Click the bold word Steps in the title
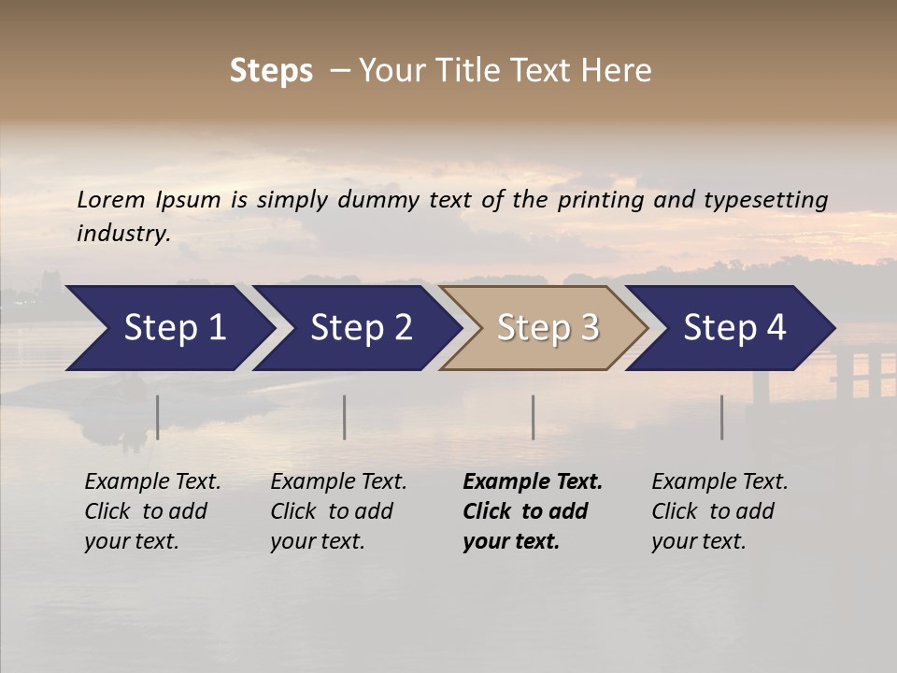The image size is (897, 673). point(271,71)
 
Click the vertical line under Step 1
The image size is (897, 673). point(158,417)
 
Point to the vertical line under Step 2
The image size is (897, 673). point(345,417)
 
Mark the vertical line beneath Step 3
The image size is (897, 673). point(533,417)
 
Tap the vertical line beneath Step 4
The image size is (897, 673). point(721,417)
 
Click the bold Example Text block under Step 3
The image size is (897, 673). point(533,511)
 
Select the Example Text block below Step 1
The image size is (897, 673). point(152,511)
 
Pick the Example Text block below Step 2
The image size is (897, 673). point(338,511)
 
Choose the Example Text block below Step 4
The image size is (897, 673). point(719,511)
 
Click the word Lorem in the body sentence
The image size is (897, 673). point(110,199)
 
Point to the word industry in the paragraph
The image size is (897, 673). point(123,234)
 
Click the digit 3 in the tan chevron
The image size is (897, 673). point(589,327)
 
